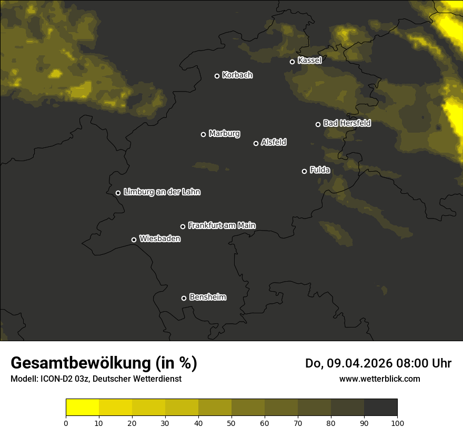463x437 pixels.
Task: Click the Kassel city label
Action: pos(309,61)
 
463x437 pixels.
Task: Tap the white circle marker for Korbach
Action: pos(217,76)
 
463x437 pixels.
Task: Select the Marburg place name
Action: pos(224,134)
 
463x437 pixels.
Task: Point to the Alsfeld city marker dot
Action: pos(256,143)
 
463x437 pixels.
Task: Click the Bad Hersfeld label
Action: pos(347,123)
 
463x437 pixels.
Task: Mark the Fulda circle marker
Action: pos(304,171)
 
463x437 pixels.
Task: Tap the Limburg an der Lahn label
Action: pos(162,192)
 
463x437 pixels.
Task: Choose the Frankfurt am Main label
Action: pos(222,225)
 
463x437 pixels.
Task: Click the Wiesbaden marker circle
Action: pos(134,240)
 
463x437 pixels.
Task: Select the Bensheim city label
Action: pos(207,297)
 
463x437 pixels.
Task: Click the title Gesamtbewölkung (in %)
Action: pos(104,363)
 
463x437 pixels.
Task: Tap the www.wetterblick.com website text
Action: pos(379,379)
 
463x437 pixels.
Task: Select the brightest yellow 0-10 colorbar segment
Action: pos(83,408)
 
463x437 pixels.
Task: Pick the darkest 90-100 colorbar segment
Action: pos(380,408)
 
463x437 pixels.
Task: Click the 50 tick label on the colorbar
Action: pos(231,423)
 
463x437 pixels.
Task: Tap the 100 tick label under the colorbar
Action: pos(397,423)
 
